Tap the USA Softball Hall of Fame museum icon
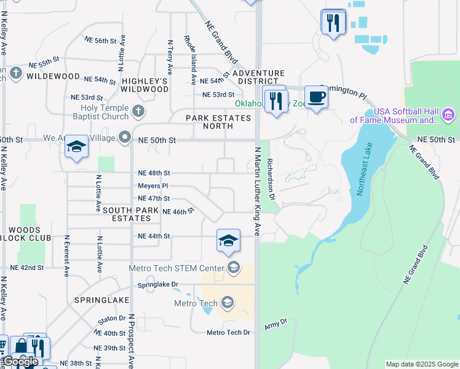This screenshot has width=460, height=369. [x=448, y=114]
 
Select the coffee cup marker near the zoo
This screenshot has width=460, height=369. [x=316, y=97]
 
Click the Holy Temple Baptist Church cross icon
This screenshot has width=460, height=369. [x=139, y=111]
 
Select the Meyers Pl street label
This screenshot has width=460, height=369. [x=153, y=186]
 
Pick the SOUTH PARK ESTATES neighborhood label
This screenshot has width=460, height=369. [x=127, y=214]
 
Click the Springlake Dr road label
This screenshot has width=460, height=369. [x=157, y=285]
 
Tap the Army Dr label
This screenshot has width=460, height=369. [x=276, y=323]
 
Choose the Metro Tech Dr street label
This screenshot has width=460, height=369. [x=228, y=333]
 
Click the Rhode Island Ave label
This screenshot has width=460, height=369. [x=189, y=60]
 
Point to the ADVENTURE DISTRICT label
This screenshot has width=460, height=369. [x=258, y=77]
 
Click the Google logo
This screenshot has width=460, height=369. [x=20, y=362]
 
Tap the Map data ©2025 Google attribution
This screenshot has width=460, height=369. [x=422, y=364]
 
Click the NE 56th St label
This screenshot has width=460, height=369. [x=100, y=41]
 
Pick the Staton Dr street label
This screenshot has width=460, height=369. [x=111, y=320]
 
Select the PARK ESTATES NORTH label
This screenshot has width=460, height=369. [x=210, y=122]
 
